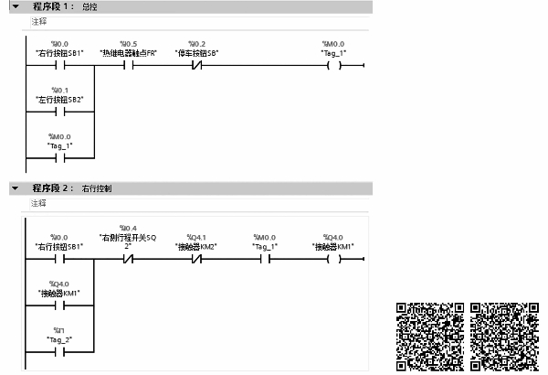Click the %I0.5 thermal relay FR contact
click(x=129, y=66)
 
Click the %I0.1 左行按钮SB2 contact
click(x=60, y=112)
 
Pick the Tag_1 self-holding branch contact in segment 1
click(x=60, y=157)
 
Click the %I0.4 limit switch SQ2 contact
click(x=129, y=259)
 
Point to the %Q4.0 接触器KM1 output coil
click(x=333, y=259)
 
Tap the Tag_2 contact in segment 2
click(x=60, y=350)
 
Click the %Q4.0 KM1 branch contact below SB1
click(x=60, y=305)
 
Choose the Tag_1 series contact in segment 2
click(x=265, y=259)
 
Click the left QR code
click(x=430, y=336)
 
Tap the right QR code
click(x=505, y=336)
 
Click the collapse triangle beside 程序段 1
click(x=16, y=7)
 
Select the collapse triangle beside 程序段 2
click(x=16, y=187)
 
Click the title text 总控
click(x=90, y=7)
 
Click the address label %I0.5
click(x=129, y=44)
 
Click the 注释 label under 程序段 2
click(x=39, y=202)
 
